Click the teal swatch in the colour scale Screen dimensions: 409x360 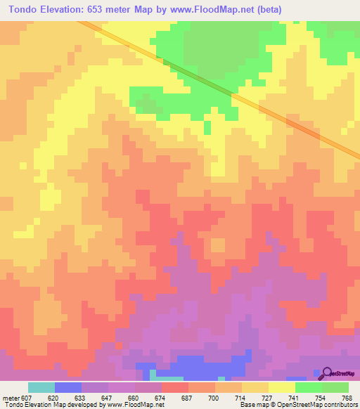(41, 387)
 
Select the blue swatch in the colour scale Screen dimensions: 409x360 (68, 387)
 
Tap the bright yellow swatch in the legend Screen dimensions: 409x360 (282, 387)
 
